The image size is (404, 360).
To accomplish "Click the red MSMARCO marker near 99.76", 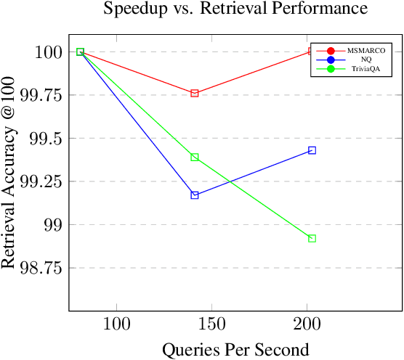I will point(195,94).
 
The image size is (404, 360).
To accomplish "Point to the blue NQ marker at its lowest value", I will point(195,195).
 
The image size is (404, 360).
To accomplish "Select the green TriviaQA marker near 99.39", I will point(195,157).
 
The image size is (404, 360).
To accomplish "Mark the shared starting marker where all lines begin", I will point(81,52).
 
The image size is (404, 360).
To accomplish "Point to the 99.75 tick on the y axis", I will point(42,95).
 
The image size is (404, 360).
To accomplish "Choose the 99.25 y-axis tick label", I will point(42,181).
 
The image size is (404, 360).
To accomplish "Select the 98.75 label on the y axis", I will point(42,268).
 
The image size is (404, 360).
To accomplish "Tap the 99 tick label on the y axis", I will point(52,225).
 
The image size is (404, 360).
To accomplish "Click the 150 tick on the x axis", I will point(211,323).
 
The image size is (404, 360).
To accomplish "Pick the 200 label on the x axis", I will point(307,323).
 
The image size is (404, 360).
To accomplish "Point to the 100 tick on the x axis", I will point(117,323).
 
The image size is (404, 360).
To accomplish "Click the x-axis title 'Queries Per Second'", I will point(235,349).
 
